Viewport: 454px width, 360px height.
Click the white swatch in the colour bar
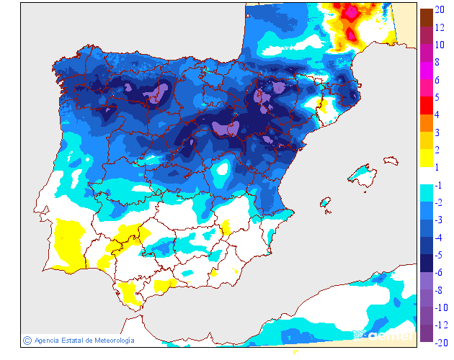[x=426, y=176]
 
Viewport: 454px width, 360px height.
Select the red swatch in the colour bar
[x=426, y=106]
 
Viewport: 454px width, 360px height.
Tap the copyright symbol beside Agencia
[x=27, y=340]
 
